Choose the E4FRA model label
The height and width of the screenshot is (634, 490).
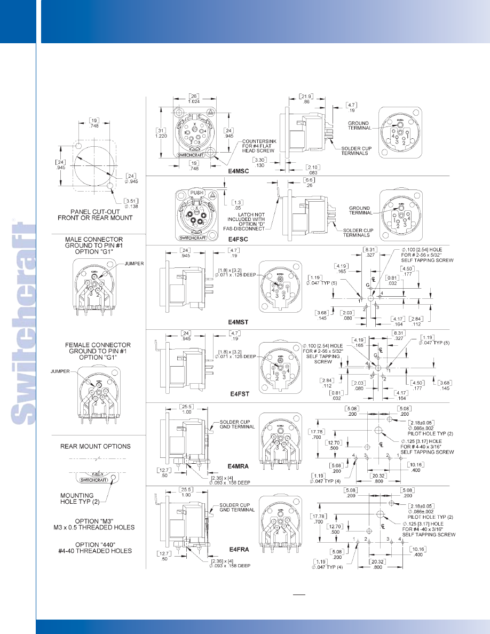tap(237, 549)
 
